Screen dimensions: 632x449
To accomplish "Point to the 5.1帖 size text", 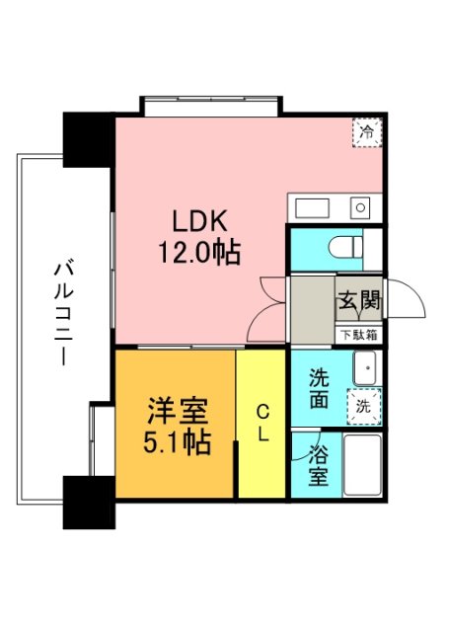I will pyautogui.click(x=177, y=441).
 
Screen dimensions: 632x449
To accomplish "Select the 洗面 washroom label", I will pyautogui.click(x=319, y=389).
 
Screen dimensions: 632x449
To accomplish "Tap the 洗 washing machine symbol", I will pyautogui.click(x=363, y=405).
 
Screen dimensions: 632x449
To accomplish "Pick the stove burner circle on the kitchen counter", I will pyautogui.click(x=360, y=207).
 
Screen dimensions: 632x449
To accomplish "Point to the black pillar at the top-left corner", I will pyautogui.click(x=88, y=139).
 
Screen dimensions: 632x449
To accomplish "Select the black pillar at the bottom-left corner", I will pyautogui.click(x=88, y=500).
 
